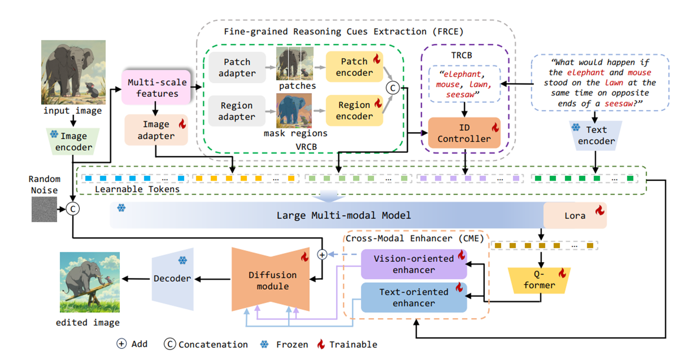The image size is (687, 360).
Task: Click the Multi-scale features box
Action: (157, 88)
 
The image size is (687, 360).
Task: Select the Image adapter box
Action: (156, 130)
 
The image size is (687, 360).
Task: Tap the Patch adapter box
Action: (236, 67)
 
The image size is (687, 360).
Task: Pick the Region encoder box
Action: (354, 111)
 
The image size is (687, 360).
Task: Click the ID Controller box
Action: (464, 133)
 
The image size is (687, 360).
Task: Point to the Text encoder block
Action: (596, 136)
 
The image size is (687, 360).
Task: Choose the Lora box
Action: (575, 215)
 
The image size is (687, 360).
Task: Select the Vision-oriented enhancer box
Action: (413, 264)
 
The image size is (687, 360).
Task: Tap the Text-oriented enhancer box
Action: (413, 298)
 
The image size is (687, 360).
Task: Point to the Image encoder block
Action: (73, 142)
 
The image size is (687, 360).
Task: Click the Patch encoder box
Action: (354, 67)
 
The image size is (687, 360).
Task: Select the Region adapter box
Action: (236, 111)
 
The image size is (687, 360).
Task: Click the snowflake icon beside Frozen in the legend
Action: (264, 344)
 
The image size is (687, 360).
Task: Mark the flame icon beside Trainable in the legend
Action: (321, 344)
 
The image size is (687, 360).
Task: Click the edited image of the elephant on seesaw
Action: (89, 282)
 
